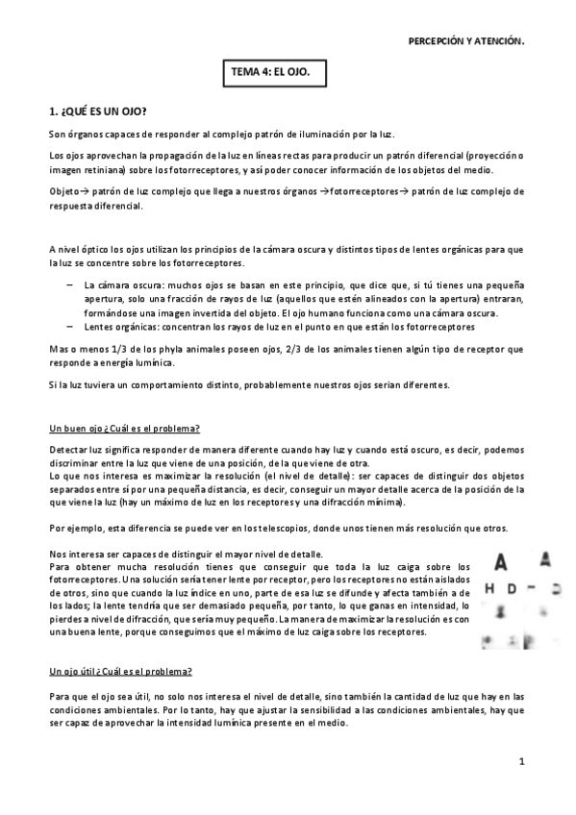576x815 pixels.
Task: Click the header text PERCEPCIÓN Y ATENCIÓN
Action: pyautogui.click(x=466, y=41)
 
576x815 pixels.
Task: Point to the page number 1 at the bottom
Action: pyautogui.click(x=520, y=762)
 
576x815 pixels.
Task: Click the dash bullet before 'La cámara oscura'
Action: pyautogui.click(x=70, y=284)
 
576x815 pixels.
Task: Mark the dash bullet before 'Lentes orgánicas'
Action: pyautogui.click(x=70, y=326)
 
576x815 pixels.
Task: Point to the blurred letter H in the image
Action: pyautogui.click(x=491, y=587)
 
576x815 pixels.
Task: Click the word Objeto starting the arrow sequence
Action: pyautogui.click(x=63, y=191)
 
